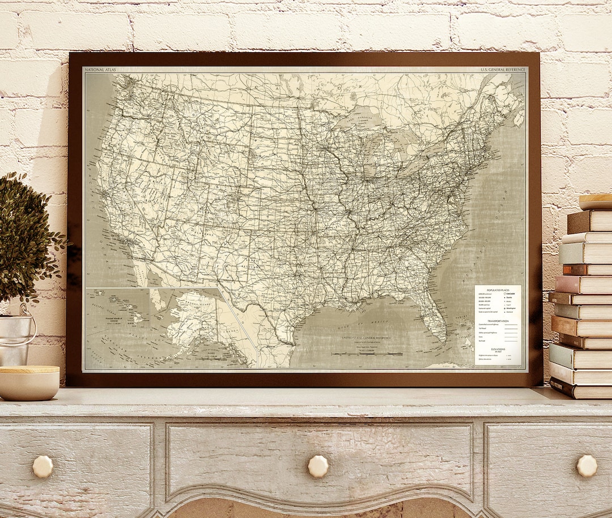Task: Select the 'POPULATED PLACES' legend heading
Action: point(498,289)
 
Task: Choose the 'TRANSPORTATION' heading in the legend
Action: point(498,321)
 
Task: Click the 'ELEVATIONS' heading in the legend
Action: point(498,349)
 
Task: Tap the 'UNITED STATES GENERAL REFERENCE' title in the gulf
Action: point(365,338)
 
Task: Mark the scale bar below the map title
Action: point(367,354)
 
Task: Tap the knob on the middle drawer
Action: point(318,466)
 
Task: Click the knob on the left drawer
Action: point(42,466)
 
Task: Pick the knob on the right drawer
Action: point(586,466)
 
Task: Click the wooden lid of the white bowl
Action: point(29,369)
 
